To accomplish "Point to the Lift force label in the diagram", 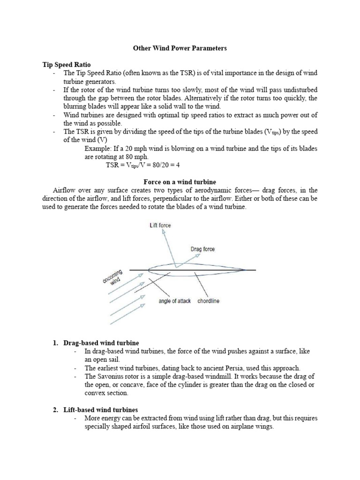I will (x=160, y=225).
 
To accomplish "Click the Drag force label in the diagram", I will (x=202, y=249).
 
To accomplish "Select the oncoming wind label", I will (x=113, y=277).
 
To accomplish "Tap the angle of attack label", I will (x=174, y=301).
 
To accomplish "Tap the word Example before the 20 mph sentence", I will (x=97, y=149).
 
